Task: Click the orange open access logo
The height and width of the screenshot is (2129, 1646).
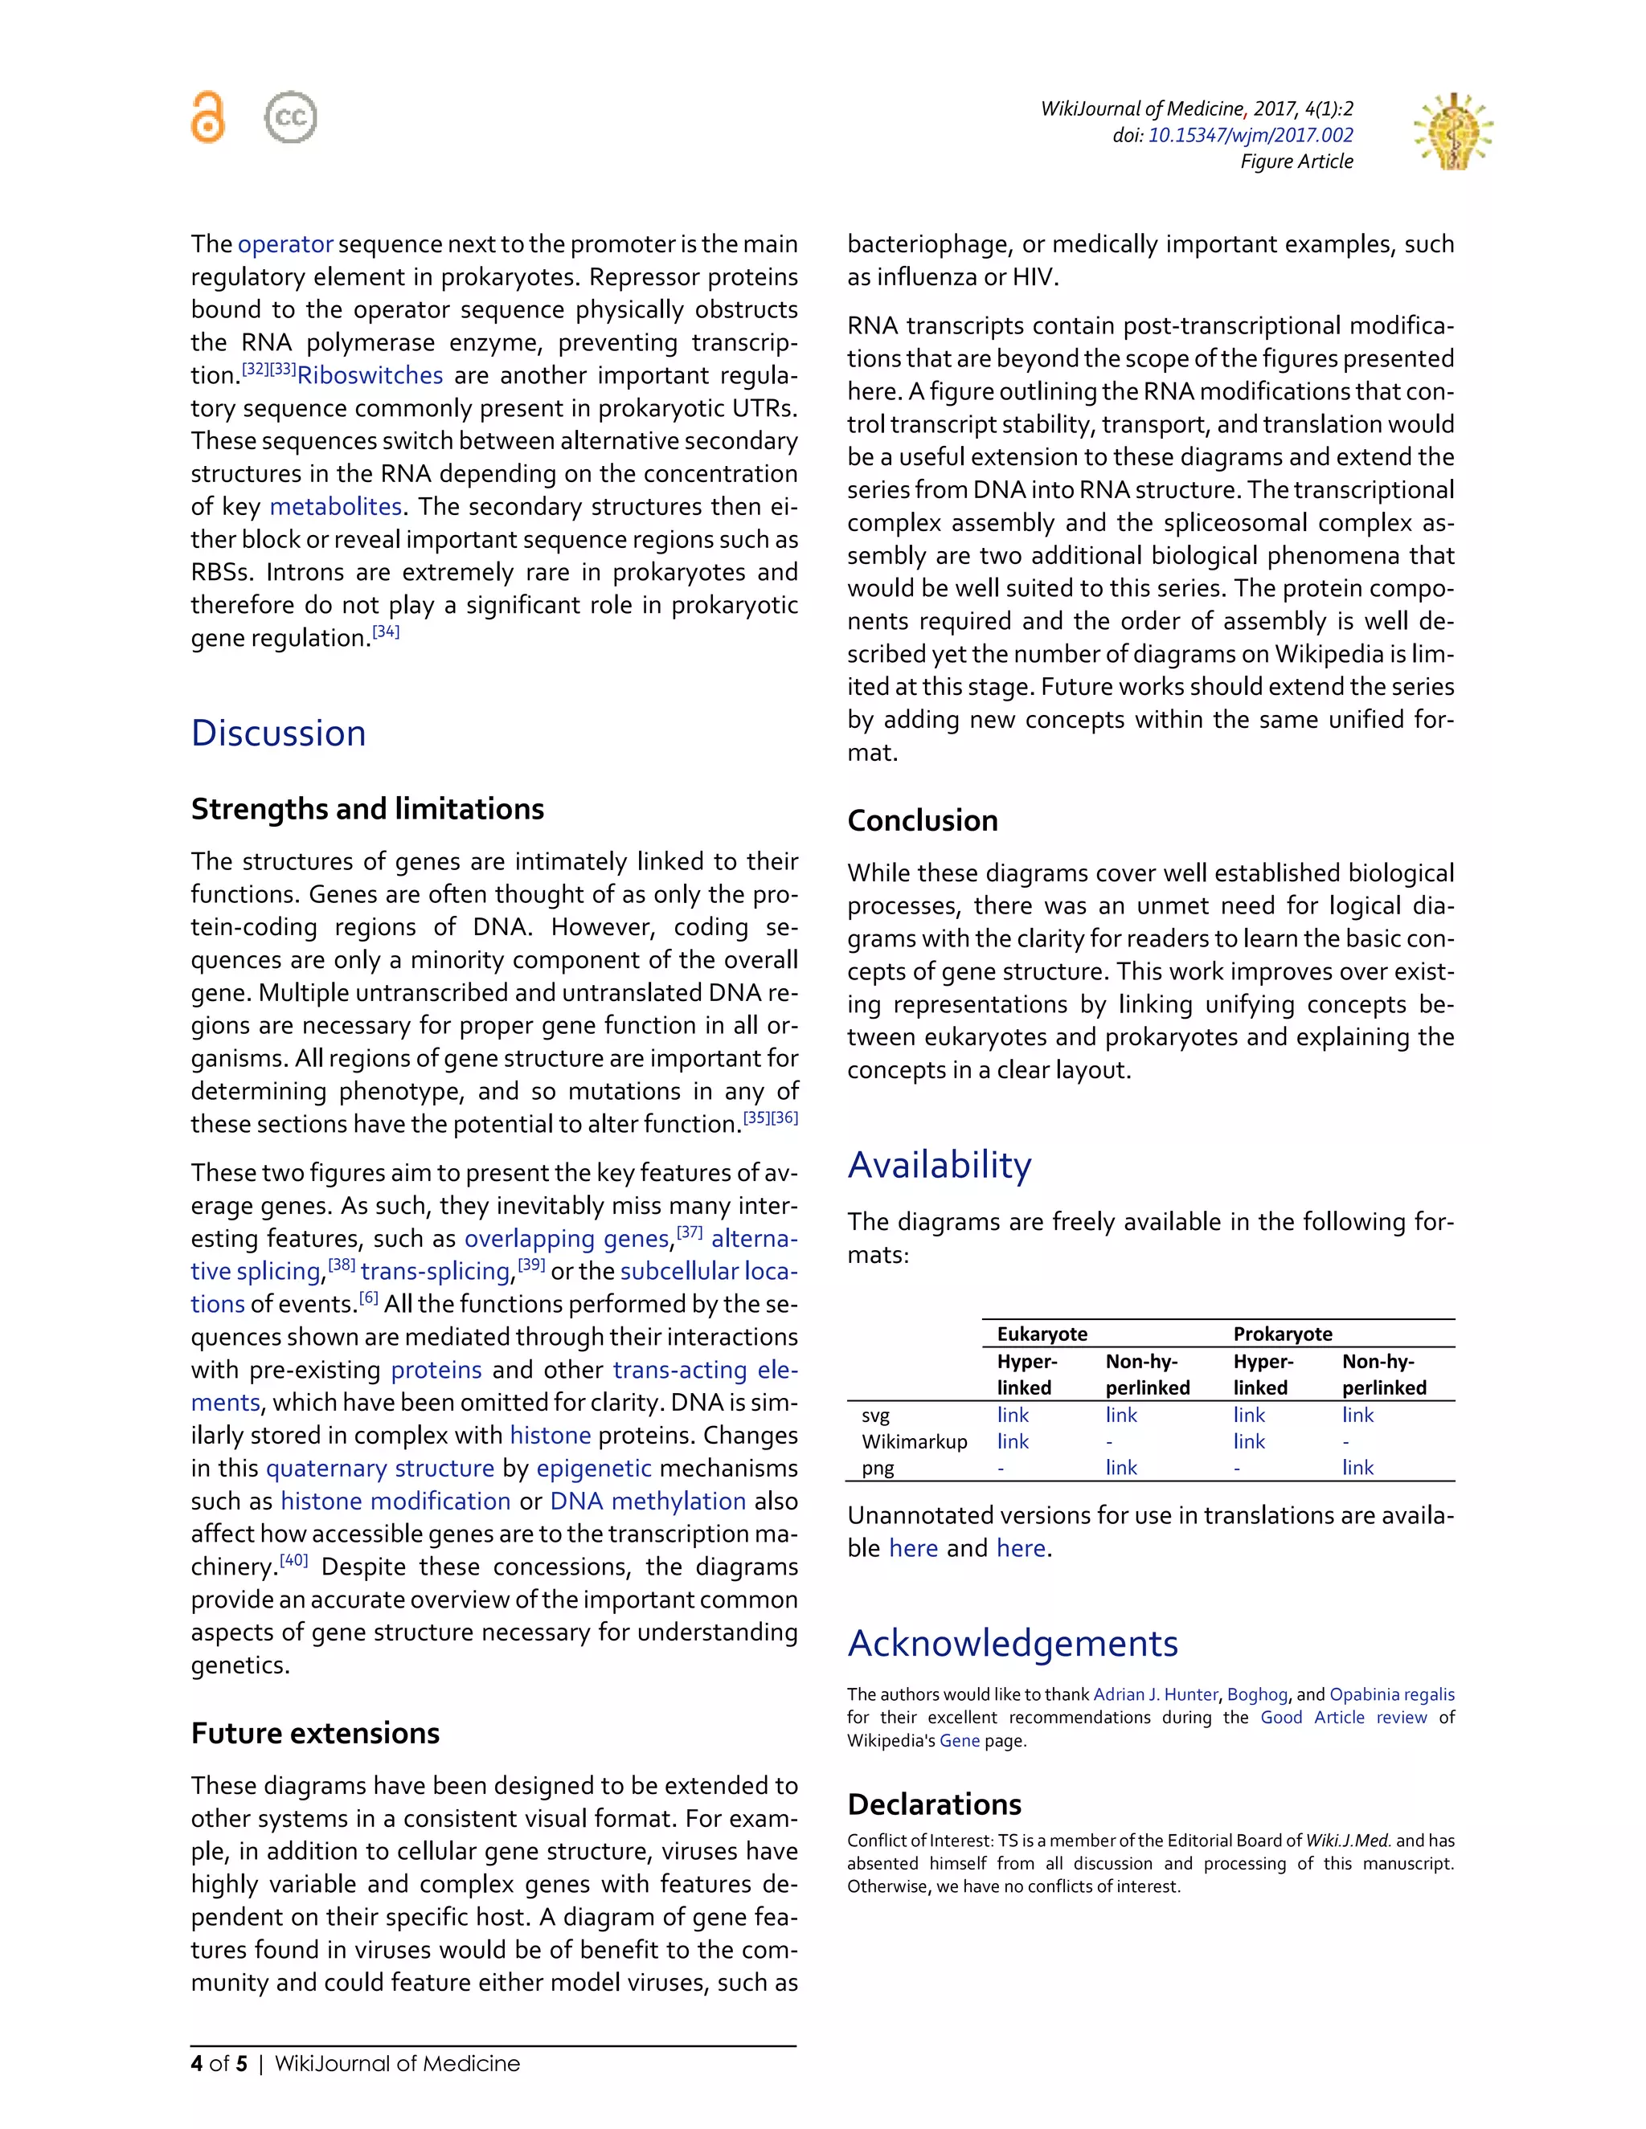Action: tap(207, 117)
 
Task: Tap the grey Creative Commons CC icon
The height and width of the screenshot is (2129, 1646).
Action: tap(291, 117)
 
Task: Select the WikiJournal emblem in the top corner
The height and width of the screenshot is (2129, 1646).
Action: tap(1453, 132)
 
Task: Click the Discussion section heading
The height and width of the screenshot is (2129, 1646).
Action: tap(278, 733)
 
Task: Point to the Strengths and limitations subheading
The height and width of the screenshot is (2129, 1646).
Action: tap(366, 809)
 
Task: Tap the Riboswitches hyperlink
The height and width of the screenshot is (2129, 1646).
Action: tap(370, 375)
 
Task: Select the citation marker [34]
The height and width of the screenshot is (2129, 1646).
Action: tap(386, 631)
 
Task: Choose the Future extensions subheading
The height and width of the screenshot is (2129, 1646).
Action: tap(315, 1733)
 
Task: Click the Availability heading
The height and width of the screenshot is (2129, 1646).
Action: tap(939, 1165)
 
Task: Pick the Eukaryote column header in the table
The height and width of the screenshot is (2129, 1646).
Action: tap(1042, 1334)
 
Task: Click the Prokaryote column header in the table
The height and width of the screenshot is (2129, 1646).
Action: tap(1282, 1334)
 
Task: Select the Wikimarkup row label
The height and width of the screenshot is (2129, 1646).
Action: tap(914, 1442)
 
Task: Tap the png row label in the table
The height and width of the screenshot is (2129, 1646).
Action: tap(878, 1468)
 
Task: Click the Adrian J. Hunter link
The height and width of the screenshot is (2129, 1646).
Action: tap(1156, 1694)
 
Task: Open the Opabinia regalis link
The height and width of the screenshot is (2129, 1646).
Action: tap(1391, 1694)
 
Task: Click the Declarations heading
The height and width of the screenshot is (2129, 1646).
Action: tap(934, 1804)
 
